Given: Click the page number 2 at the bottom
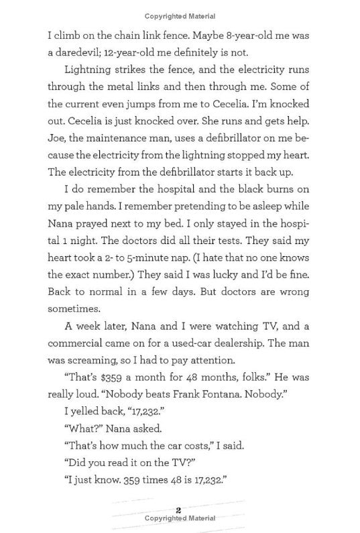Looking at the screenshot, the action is pos(179,510).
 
